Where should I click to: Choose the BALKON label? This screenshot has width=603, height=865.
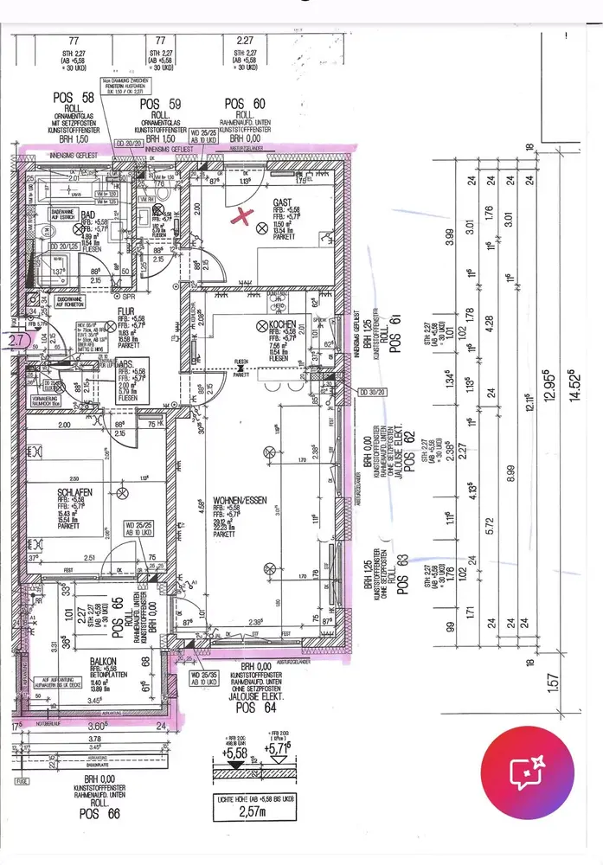[x=103, y=661]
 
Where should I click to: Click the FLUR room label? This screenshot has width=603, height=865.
[x=125, y=317]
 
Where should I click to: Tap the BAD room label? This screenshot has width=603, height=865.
[x=87, y=215]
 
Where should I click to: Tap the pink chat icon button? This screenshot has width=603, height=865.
[x=528, y=770]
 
